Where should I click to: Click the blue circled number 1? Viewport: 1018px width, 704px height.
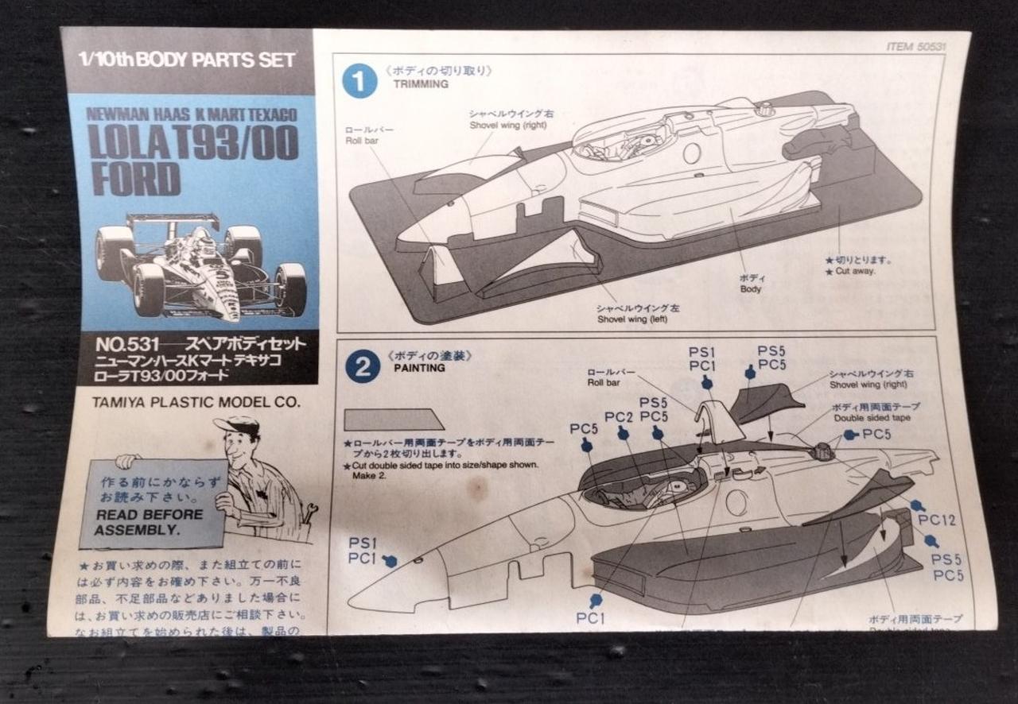(x=359, y=82)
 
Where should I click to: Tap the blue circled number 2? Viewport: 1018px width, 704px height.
(x=363, y=367)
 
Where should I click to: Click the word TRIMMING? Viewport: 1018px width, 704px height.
(x=422, y=83)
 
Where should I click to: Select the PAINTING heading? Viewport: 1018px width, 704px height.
(x=419, y=368)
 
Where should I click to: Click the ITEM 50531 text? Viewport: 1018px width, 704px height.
(x=916, y=47)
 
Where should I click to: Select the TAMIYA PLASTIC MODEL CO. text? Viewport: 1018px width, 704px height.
(x=196, y=401)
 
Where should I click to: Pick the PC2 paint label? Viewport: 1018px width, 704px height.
(x=619, y=417)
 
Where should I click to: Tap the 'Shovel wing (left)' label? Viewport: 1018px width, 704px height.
(x=633, y=319)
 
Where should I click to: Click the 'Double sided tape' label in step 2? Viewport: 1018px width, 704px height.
(x=871, y=418)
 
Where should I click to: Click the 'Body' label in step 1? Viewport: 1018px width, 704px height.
(x=750, y=289)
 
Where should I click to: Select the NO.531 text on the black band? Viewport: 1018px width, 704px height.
(x=122, y=345)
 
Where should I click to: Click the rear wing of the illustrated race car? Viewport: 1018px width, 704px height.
(x=173, y=219)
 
